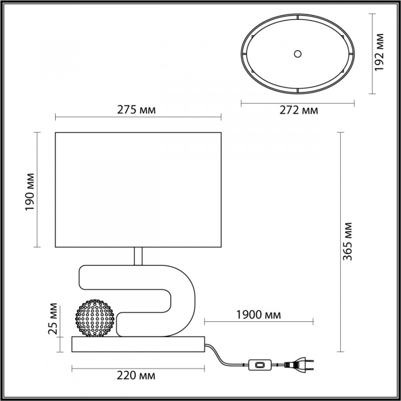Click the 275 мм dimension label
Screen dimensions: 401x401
(x=138, y=110)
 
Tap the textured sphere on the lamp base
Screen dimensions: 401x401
(x=96, y=317)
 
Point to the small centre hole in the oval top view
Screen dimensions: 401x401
(x=298, y=53)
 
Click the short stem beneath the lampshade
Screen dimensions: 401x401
(x=138, y=256)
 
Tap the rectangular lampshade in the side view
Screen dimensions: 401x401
(x=138, y=189)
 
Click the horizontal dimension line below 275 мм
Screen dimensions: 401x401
(x=138, y=118)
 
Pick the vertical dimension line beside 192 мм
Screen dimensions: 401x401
(x=372, y=54)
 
